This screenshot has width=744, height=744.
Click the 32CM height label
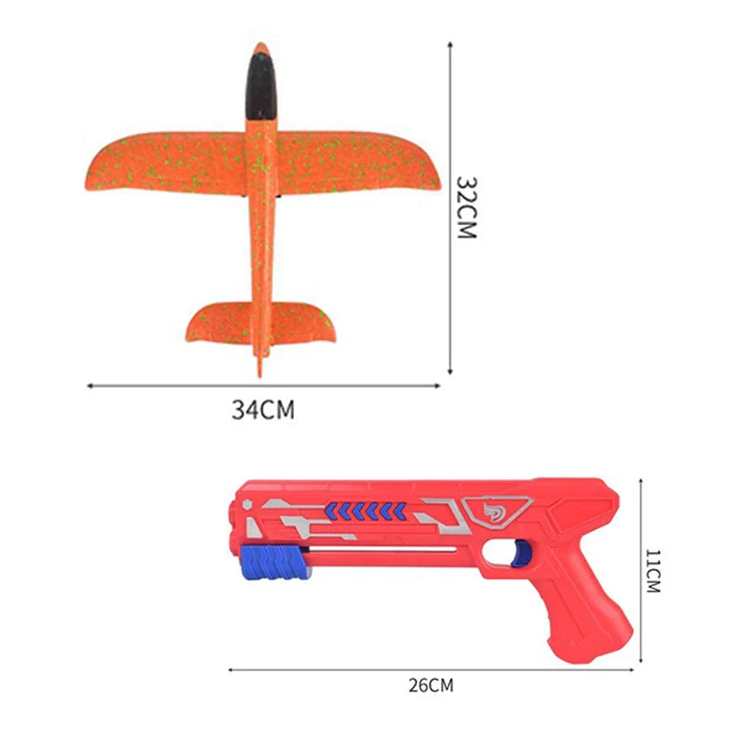466,206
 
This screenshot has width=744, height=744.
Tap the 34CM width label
262,409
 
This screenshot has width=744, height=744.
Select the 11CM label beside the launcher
653,571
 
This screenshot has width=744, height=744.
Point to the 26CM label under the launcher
431,686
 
